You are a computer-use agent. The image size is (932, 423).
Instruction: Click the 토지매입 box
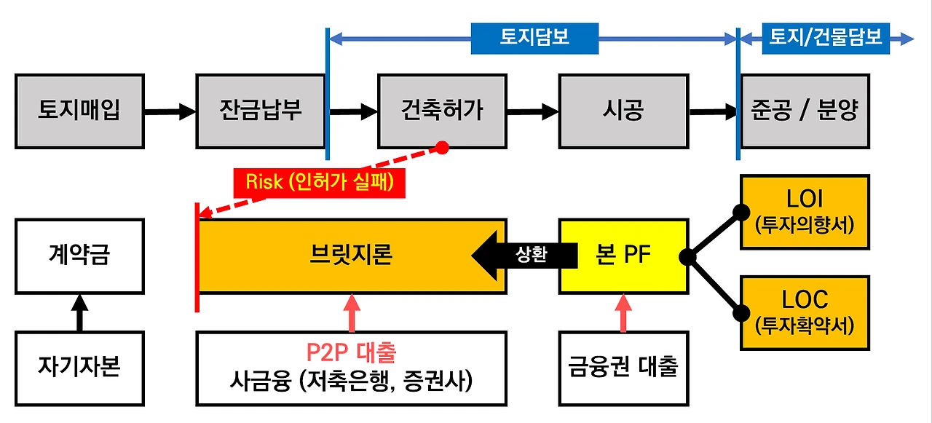pyautogui.click(x=79, y=111)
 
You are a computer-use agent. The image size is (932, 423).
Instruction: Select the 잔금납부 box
pyautogui.click(x=261, y=111)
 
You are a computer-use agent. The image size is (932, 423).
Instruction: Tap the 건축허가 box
pyautogui.click(x=442, y=111)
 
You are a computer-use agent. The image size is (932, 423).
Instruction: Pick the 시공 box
pyautogui.click(x=623, y=111)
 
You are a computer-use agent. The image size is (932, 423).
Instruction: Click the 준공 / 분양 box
pyautogui.click(x=805, y=111)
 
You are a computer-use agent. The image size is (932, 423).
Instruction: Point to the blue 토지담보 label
pyautogui.click(x=534, y=38)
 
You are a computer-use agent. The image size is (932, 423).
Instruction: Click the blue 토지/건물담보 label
pyautogui.click(x=826, y=38)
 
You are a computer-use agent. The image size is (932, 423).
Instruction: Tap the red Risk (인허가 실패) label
pyautogui.click(x=319, y=182)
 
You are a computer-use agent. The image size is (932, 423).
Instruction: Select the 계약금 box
pyautogui.click(x=79, y=256)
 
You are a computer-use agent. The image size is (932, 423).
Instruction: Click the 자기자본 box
pyautogui.click(x=79, y=368)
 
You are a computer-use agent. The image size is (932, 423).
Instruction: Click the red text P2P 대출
pyautogui.click(x=351, y=353)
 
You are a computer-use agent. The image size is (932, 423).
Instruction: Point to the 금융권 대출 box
pyautogui.click(x=623, y=368)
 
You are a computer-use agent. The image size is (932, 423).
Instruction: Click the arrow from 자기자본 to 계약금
pyautogui.click(x=79, y=312)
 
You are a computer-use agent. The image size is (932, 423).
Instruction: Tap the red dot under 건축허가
pyautogui.click(x=441, y=148)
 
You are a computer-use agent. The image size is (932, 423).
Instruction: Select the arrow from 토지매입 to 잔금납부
pyautogui.click(x=170, y=111)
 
